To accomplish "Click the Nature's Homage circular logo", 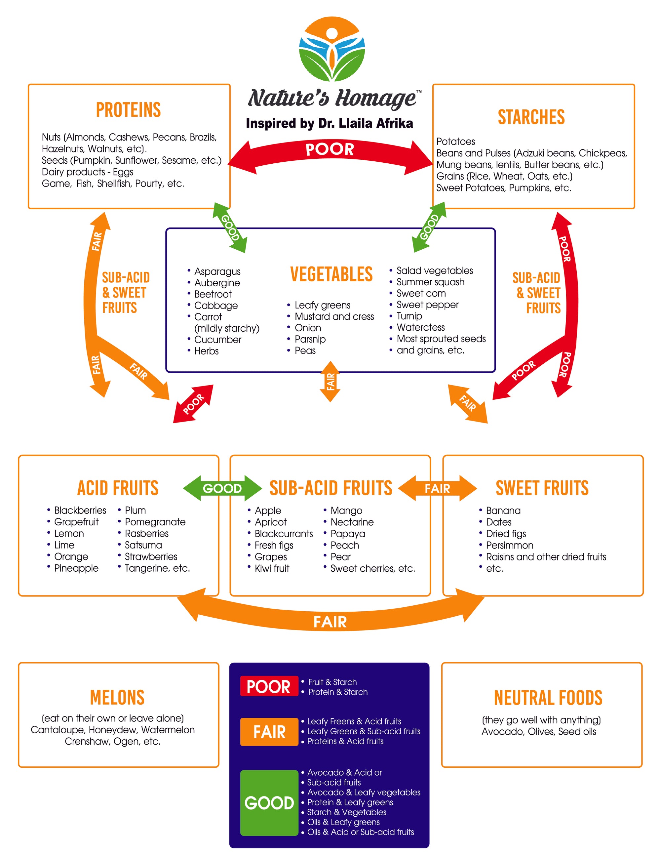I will point(332,49).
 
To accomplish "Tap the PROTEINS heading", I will point(128,110).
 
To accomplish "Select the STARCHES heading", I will point(531,117).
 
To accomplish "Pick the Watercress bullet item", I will point(420,327).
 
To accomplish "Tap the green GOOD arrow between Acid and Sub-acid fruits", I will point(222,488).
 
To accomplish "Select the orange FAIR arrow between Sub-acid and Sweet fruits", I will point(437,488).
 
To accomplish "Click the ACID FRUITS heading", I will point(118,488).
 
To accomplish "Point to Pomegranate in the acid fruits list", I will point(155,522).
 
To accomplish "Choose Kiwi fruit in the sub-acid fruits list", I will point(272,568).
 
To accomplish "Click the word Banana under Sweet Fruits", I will point(503,510).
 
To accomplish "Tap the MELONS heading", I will point(117,698).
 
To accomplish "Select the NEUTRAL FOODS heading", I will point(548,698).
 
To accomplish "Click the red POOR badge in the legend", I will point(269,687).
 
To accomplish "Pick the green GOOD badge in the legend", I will point(269,803).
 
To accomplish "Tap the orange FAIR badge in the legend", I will point(269,732).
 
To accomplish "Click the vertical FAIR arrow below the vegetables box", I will point(330,382).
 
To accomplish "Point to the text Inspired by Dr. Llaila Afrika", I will point(329,123).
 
